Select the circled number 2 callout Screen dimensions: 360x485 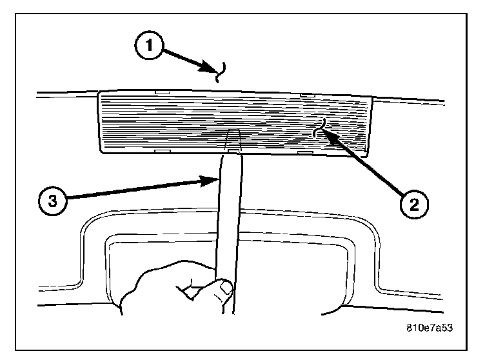[413, 205]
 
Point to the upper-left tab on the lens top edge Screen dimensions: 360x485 [162, 94]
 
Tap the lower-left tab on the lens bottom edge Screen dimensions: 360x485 [161, 152]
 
